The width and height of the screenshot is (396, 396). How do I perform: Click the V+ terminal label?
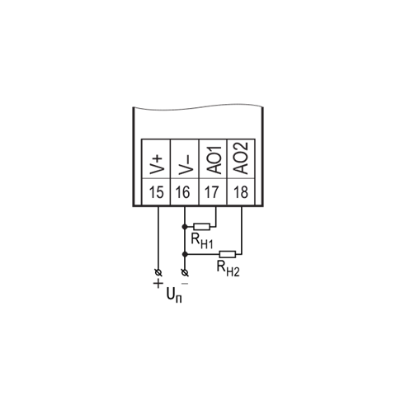156,165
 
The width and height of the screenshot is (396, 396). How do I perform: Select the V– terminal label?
185,165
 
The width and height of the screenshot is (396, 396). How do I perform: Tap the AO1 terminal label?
213,160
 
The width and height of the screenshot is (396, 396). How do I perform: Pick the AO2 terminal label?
241,158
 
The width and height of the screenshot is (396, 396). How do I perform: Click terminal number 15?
156,192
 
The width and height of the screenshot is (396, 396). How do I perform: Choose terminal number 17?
211,192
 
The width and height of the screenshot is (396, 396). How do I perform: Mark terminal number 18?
240,192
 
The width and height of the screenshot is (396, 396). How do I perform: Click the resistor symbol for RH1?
202,227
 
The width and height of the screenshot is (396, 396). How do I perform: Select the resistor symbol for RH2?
228,254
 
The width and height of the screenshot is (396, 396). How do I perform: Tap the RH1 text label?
202,242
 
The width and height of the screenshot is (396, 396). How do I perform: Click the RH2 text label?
228,269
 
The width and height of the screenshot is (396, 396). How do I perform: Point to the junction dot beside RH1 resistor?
185,227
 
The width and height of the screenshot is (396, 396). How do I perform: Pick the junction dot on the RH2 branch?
185,254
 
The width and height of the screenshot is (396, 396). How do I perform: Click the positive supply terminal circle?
158,273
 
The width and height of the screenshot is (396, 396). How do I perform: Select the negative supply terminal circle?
185,273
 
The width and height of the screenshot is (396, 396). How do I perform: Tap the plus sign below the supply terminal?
158,284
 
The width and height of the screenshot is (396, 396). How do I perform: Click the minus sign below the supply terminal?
185,284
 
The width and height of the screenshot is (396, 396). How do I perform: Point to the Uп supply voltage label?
174,296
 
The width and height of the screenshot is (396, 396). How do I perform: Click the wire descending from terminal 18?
242,230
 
